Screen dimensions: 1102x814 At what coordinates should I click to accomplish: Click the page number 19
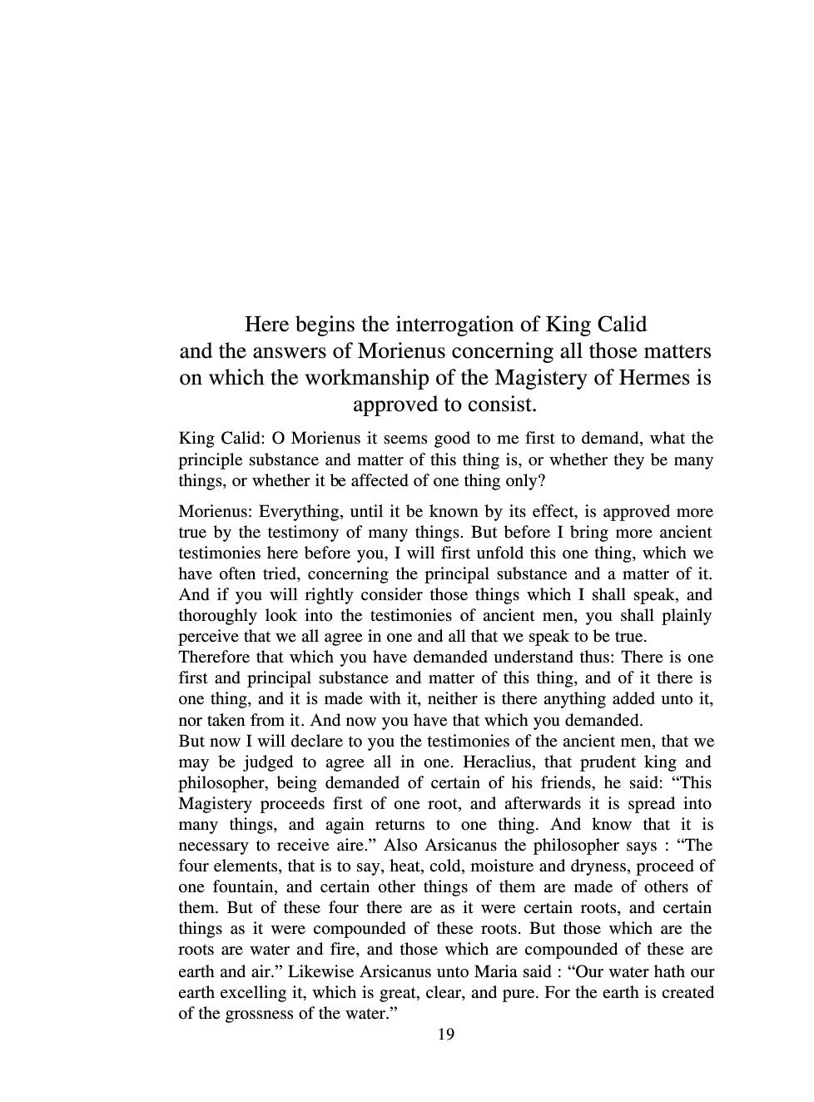click(x=445, y=1035)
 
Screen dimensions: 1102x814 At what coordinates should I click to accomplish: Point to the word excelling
click(x=262, y=993)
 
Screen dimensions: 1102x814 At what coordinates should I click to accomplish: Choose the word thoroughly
click(x=216, y=616)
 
